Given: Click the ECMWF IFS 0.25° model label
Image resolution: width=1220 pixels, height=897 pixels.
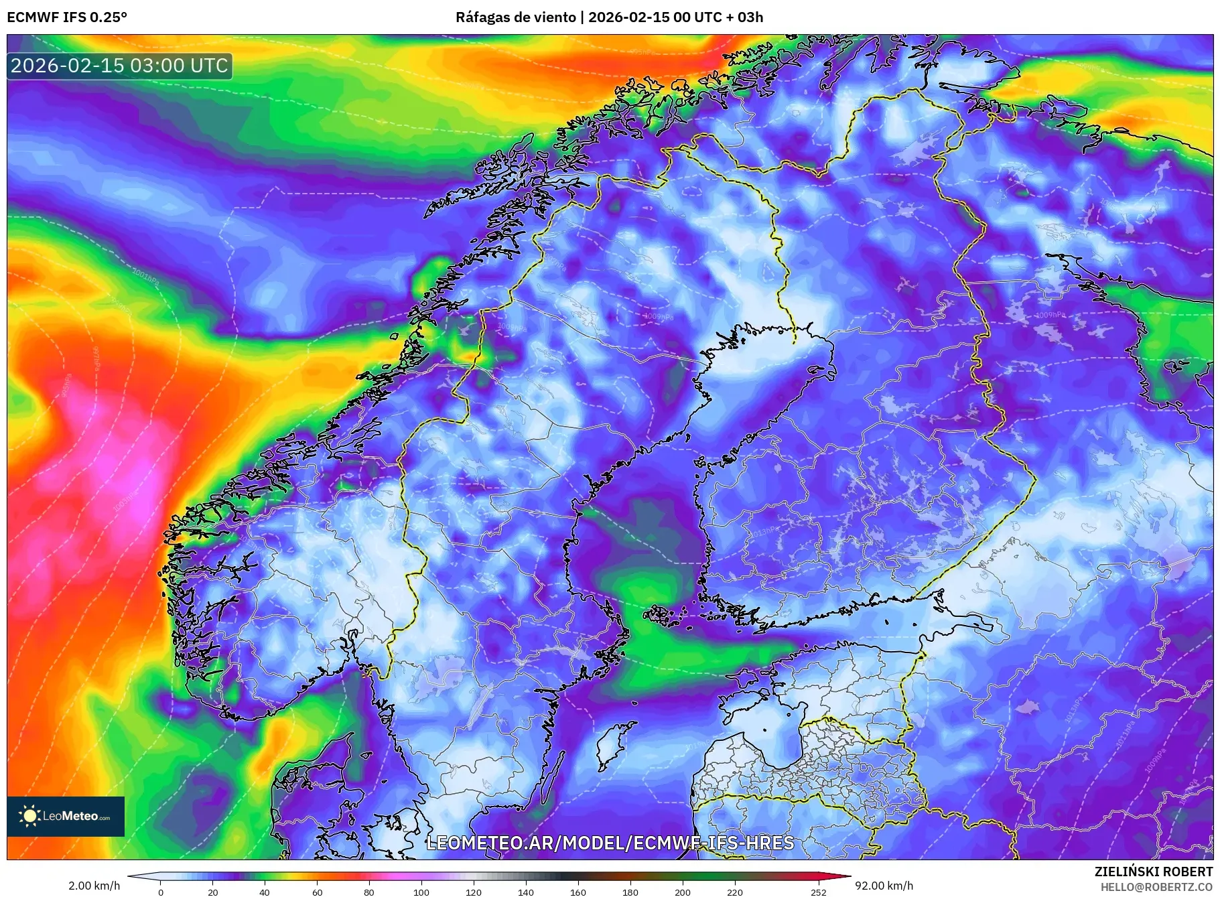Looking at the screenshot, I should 67,17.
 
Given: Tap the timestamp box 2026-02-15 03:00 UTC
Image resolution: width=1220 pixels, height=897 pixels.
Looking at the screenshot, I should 120,66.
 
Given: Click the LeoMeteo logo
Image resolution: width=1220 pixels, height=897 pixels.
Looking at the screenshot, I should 66,816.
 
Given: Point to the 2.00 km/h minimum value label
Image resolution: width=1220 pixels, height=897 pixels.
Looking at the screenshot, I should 94,886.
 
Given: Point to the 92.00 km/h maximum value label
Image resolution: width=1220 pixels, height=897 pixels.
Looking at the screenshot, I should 884,886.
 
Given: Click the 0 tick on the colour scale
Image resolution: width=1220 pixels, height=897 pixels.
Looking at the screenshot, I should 161,892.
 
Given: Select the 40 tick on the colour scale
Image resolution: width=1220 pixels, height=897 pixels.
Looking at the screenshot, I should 265,892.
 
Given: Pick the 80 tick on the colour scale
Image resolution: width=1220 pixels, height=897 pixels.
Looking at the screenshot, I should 369,892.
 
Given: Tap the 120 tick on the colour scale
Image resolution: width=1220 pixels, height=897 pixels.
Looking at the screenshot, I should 474,892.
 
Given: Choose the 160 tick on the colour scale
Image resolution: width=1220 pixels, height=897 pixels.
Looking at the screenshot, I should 578,892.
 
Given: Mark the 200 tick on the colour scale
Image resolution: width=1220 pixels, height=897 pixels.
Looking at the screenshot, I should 682,892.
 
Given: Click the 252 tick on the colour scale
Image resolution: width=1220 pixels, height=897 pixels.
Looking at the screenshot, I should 818,892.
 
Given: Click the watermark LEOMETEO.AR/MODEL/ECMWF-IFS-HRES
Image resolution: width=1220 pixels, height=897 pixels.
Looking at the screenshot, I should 610,843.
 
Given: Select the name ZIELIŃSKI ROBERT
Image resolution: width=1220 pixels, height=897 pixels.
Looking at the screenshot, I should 1153,872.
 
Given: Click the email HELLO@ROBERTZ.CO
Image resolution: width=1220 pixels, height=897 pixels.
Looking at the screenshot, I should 1156,887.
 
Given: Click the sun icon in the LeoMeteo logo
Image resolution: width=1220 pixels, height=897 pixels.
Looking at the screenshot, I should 29,816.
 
